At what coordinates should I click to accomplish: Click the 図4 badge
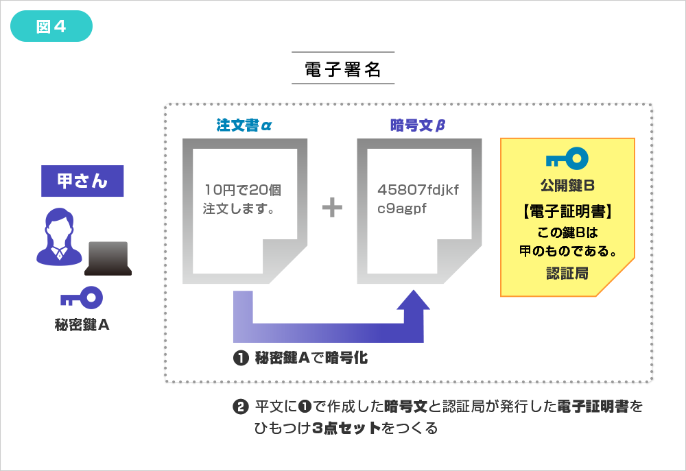tap(51, 26)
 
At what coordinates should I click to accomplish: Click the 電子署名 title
tap(343, 70)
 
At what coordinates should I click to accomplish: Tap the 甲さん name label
tap(82, 182)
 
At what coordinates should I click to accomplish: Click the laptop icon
tap(108, 258)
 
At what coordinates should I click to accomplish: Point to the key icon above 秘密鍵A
tap(82, 298)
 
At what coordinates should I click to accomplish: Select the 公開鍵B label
tap(567, 186)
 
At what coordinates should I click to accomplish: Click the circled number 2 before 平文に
tap(240, 407)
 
